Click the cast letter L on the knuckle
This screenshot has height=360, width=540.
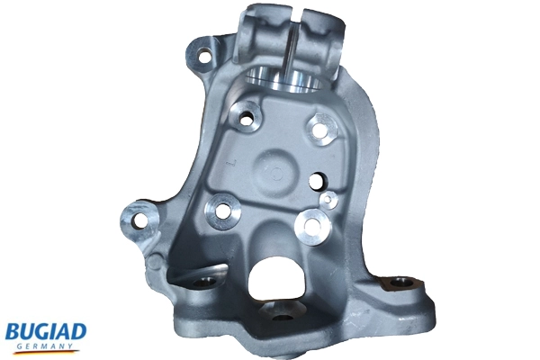(x=232, y=163)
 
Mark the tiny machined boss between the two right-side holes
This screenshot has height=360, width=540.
(x=329, y=199)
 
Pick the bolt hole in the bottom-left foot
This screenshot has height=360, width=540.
(x=202, y=282)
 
